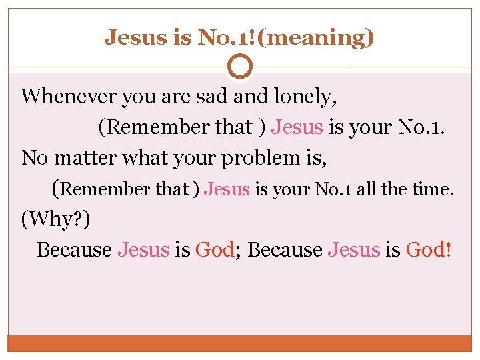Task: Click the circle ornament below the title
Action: click(x=240, y=67)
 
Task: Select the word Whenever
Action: click(x=68, y=97)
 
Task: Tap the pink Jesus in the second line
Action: click(x=297, y=127)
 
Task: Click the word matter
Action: click(x=84, y=158)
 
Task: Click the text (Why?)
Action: click(x=56, y=219)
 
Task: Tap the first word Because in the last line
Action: click(x=74, y=249)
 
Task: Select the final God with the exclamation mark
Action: click(x=426, y=249)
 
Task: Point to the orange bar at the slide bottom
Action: click(x=240, y=343)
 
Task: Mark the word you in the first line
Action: click(x=136, y=97)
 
